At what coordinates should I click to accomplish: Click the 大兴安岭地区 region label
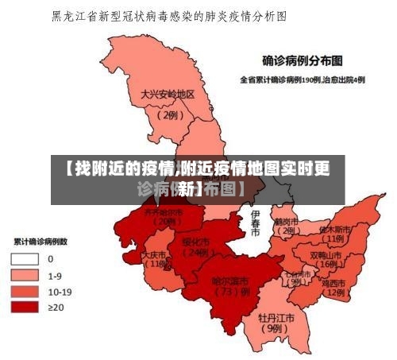(x=168, y=94)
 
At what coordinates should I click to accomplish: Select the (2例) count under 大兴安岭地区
(x=169, y=114)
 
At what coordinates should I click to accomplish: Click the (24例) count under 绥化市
(x=195, y=253)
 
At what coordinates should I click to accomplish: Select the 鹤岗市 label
(x=286, y=222)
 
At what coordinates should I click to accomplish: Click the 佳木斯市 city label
(x=334, y=229)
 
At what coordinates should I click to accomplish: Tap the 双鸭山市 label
(x=326, y=255)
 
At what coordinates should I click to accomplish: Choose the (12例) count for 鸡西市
(x=333, y=292)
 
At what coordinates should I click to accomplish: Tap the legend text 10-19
(x=60, y=291)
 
